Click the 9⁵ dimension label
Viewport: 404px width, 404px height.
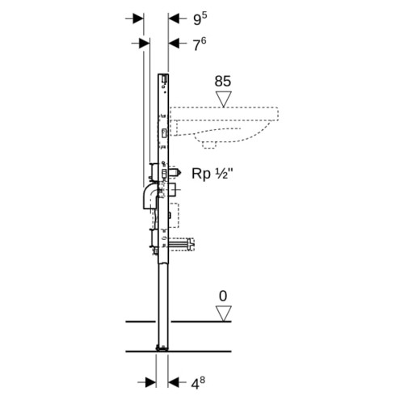200,19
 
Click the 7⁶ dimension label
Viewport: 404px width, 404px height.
200,44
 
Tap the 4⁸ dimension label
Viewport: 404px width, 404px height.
198,383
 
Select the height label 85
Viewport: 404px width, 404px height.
223,81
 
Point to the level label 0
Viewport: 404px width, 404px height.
223,297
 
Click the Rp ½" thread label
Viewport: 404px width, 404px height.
213,173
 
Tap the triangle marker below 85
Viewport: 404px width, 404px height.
224,99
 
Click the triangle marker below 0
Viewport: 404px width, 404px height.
224,314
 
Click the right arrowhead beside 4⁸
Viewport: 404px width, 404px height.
174,382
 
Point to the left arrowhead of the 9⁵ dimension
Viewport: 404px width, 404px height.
138,19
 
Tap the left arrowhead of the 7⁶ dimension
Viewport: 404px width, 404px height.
145,44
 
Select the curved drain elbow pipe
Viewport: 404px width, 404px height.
148,196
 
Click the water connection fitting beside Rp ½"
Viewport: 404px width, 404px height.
175,173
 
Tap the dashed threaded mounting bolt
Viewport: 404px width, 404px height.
182,244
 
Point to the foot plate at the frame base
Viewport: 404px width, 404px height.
162,348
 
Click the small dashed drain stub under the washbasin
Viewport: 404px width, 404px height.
209,145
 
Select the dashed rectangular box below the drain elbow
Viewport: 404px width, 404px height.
174,216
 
